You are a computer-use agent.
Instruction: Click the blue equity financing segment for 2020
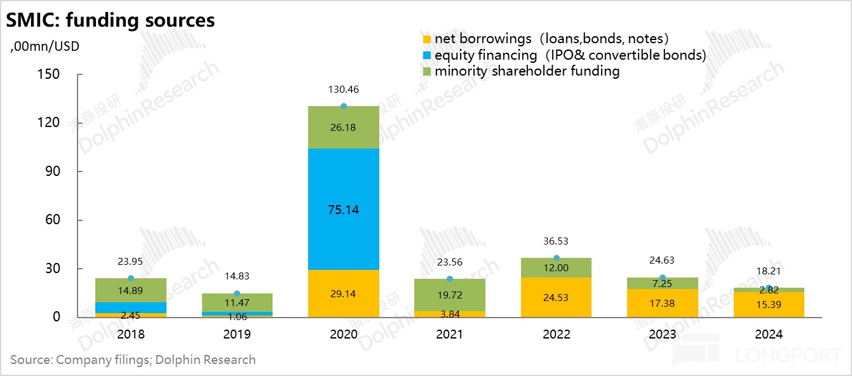click(x=343, y=210)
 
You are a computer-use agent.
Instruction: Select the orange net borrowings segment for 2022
click(x=556, y=297)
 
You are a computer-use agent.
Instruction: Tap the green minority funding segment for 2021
click(x=450, y=295)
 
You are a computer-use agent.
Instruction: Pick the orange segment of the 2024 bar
click(x=769, y=305)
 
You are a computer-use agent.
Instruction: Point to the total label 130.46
click(x=344, y=90)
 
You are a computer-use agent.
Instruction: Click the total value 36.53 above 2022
click(x=556, y=241)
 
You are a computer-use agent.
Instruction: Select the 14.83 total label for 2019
click(x=237, y=276)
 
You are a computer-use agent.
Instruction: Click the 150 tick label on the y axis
click(x=46, y=74)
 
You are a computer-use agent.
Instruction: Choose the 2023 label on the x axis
click(x=663, y=334)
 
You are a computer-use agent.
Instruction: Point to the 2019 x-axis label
click(x=237, y=334)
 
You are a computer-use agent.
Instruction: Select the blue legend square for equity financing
click(x=426, y=56)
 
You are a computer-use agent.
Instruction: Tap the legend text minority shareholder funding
click(x=527, y=71)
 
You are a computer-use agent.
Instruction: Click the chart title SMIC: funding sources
click(x=111, y=20)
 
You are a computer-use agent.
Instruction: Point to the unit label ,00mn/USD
click(x=44, y=46)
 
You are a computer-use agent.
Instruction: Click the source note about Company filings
click(x=133, y=360)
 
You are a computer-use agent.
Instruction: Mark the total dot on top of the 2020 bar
click(x=344, y=106)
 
